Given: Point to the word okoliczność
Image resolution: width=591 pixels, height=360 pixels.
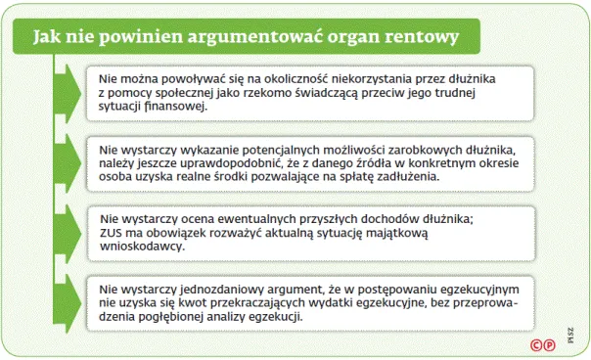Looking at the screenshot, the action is tap(299, 77).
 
